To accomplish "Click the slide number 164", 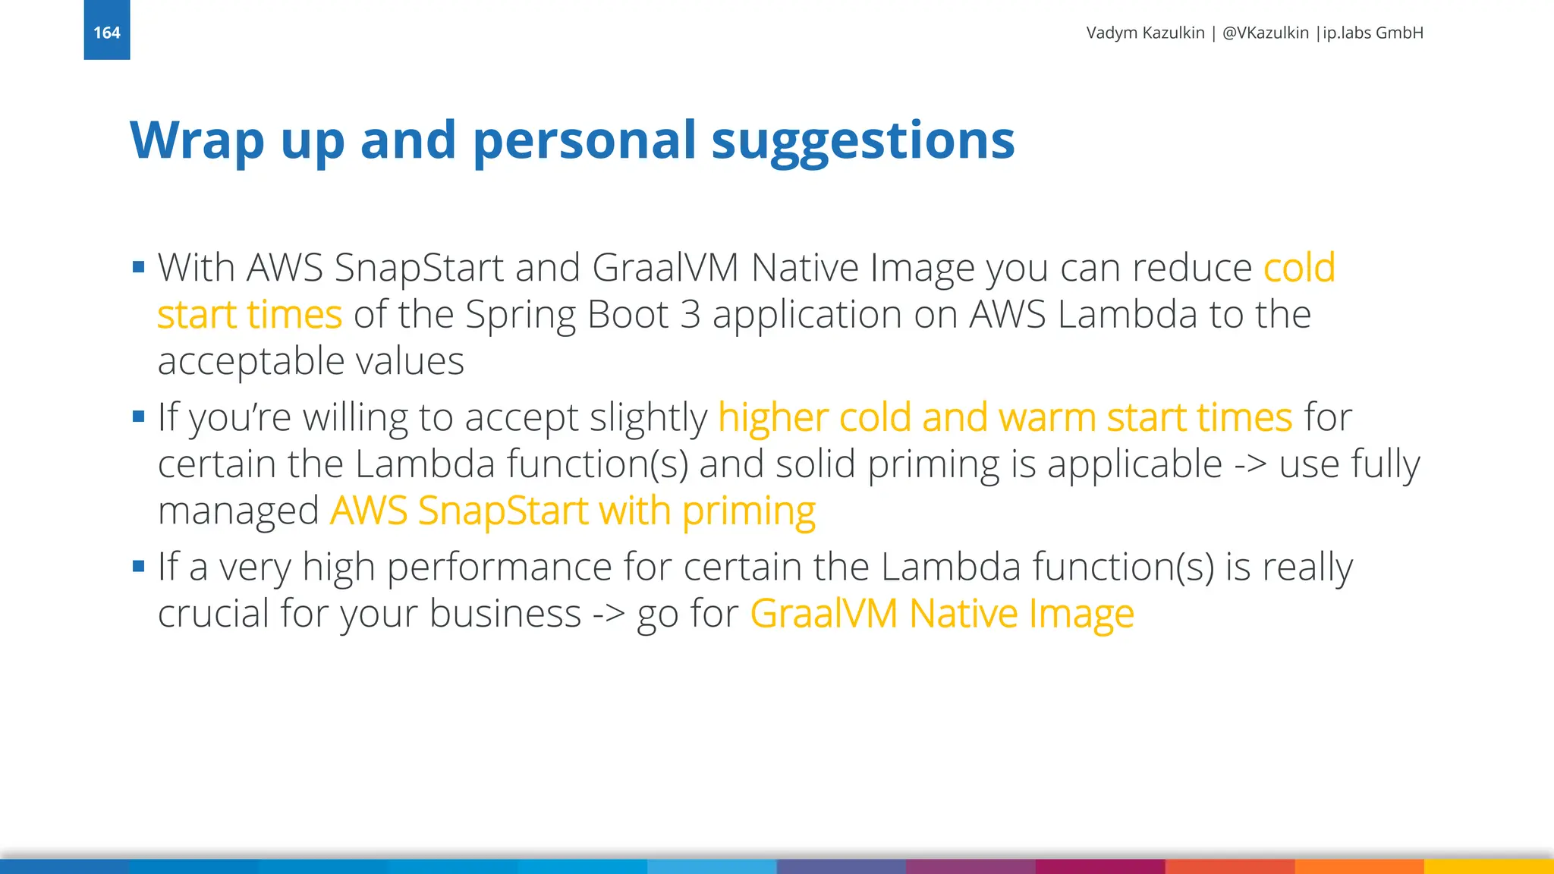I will tap(106, 33).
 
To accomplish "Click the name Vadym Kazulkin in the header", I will tap(1145, 33).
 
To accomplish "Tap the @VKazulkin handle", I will tap(1265, 33).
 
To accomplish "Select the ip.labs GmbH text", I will tap(1373, 33).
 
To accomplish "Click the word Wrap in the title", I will tap(197, 140).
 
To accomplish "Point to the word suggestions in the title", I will tap(862, 142).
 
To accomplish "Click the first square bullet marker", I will tap(138, 267).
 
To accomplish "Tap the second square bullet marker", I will tap(138, 417).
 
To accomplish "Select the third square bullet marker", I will tap(138, 566).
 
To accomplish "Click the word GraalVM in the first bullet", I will tap(665, 268).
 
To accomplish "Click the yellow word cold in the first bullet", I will tap(1298, 268).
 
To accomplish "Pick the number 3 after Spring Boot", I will tap(690, 314).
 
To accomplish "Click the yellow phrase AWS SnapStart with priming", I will tap(573, 511).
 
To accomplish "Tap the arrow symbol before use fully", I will tap(1250, 464).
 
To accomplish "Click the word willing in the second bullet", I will tap(352, 418).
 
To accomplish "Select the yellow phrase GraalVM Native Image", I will tap(942, 614).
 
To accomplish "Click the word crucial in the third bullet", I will tap(212, 613).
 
